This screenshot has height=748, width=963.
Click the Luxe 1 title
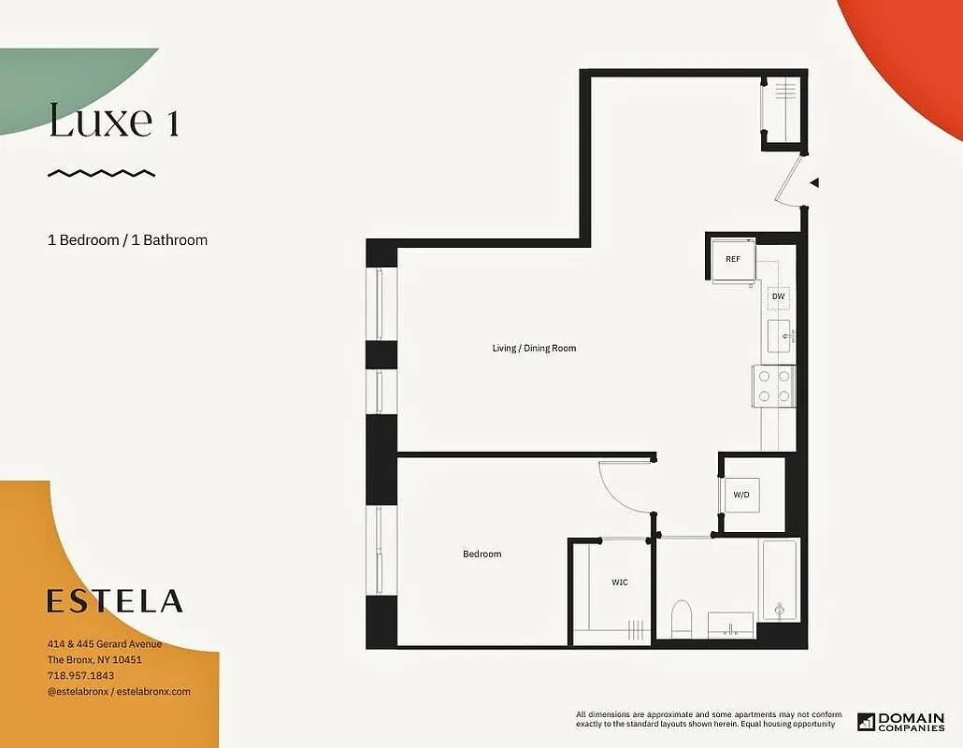pos(113,122)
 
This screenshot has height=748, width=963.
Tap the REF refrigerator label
pos(733,259)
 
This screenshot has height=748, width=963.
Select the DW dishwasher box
pos(778,297)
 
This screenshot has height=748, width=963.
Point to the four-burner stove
pos(774,385)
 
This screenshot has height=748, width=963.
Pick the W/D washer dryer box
pos(741,495)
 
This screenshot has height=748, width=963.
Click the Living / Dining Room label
pos(534,349)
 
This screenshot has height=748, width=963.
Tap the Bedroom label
pos(481,554)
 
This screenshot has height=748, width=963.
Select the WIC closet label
pos(620,583)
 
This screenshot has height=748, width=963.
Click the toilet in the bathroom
pos(682,618)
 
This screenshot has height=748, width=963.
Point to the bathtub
pos(779,582)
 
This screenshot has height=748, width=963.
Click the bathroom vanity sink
pos(730,623)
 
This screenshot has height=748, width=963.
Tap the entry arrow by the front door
pos(814,183)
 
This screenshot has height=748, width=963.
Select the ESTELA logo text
pos(115,601)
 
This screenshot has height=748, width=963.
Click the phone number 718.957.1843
pos(81,675)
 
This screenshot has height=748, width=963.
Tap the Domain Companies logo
pos(900,722)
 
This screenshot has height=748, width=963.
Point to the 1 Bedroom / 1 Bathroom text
pos(127,240)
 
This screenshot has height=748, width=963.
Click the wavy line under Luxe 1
pos(101,173)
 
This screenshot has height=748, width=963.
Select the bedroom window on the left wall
pos(381,550)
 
